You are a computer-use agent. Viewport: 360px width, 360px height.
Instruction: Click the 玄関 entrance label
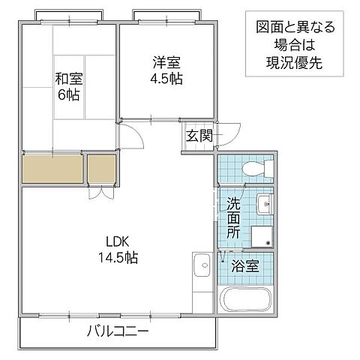click(199, 136)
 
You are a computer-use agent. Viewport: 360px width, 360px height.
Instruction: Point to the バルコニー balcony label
click(116, 331)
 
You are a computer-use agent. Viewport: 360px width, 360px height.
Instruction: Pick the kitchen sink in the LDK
click(201, 267)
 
